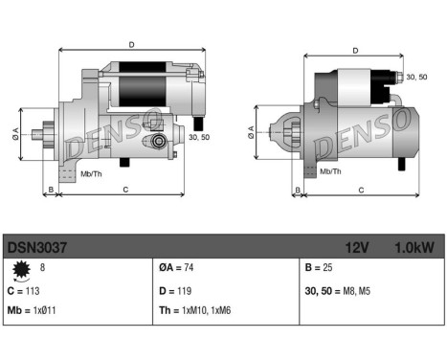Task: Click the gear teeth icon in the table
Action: tap(21, 271)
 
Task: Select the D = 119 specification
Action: tap(178, 289)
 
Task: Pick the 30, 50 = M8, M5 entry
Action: tap(338, 289)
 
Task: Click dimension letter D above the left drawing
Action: tap(130, 43)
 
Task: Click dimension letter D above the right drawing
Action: tap(355, 51)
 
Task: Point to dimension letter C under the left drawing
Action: tap(125, 191)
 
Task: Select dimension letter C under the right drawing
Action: tap(361, 191)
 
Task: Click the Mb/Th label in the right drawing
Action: tap(330, 171)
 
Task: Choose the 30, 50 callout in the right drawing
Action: tap(415, 77)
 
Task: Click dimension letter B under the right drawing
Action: tap(298, 191)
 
